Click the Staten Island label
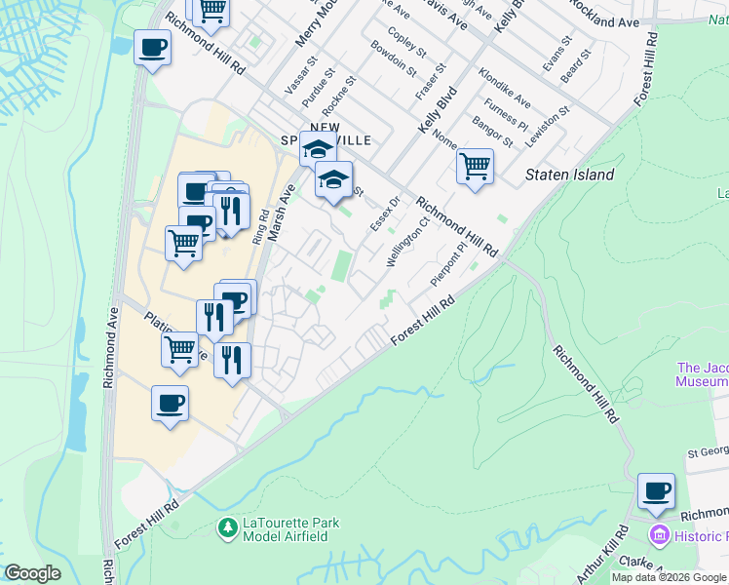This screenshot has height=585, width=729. (x=570, y=175)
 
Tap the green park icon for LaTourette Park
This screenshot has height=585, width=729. (x=227, y=528)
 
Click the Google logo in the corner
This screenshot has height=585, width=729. (x=31, y=573)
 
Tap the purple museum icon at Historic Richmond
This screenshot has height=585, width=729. (x=659, y=535)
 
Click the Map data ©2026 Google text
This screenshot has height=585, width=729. (x=669, y=577)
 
